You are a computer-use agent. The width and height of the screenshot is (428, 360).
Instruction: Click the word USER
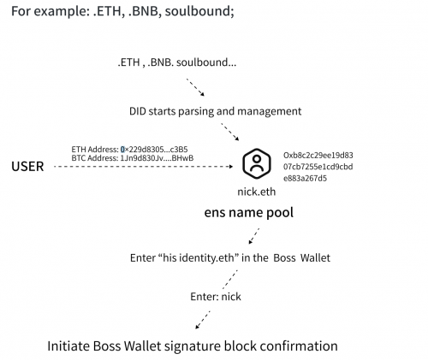pos(27,167)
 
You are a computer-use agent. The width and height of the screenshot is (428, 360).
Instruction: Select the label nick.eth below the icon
pos(257,192)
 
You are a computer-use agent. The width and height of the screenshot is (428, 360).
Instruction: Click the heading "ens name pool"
pos(249,213)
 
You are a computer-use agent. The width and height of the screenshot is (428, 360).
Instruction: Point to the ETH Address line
pos(129,150)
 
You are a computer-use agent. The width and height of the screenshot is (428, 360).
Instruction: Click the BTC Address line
pos(133,158)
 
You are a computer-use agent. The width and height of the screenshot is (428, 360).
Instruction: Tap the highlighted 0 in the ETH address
pos(122,150)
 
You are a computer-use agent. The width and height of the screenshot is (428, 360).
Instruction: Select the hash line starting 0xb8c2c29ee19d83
pos(318,156)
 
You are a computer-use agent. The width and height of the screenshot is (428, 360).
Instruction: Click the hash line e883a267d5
pos(305,179)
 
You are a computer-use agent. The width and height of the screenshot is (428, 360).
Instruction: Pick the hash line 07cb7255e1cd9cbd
pos(318,167)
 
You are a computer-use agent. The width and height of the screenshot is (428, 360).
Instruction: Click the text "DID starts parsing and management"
pos(215,111)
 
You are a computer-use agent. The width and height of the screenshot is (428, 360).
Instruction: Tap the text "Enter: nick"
pos(216,297)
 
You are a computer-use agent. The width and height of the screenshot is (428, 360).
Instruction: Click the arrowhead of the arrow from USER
pos(231,167)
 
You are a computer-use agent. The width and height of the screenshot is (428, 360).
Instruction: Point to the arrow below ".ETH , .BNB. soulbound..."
pos(195,87)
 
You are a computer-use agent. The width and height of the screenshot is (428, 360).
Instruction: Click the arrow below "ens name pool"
pos(254,236)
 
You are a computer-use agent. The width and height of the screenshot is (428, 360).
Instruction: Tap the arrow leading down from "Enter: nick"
pos(203,320)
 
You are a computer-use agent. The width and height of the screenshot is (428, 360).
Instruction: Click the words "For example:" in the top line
pos(51,12)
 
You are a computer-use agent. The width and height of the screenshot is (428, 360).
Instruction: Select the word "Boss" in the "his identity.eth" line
pos(284,258)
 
